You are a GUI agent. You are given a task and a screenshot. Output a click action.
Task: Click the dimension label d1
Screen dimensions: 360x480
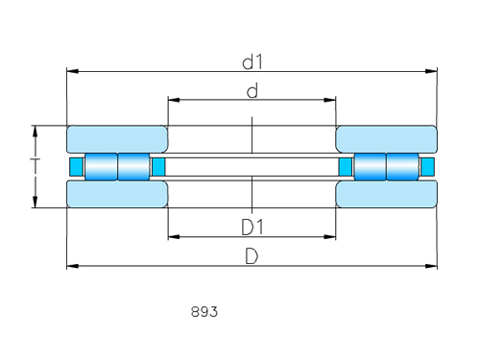(x=252, y=62)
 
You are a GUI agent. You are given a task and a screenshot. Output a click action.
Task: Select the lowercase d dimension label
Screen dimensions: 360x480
(x=252, y=91)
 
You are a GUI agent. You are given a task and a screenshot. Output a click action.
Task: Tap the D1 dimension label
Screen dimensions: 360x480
(x=252, y=227)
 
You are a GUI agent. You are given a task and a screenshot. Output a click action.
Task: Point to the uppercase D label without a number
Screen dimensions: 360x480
(x=252, y=256)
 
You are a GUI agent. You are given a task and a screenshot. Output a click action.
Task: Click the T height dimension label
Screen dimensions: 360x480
(x=35, y=166)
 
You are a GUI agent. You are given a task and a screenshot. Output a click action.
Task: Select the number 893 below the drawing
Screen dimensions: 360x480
(x=204, y=312)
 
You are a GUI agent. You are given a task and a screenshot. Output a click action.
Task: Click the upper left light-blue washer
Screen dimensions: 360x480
(x=117, y=139)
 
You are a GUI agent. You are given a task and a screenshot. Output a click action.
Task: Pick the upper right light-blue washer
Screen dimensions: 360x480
(x=386, y=139)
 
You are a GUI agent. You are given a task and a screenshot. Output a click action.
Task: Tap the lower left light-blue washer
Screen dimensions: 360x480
(x=117, y=194)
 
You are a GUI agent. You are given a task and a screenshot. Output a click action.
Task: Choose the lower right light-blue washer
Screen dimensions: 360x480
(x=386, y=194)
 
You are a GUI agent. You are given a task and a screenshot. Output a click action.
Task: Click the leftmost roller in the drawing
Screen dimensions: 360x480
(x=101, y=166)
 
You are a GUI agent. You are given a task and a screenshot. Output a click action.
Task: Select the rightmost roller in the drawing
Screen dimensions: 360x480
(x=402, y=166)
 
